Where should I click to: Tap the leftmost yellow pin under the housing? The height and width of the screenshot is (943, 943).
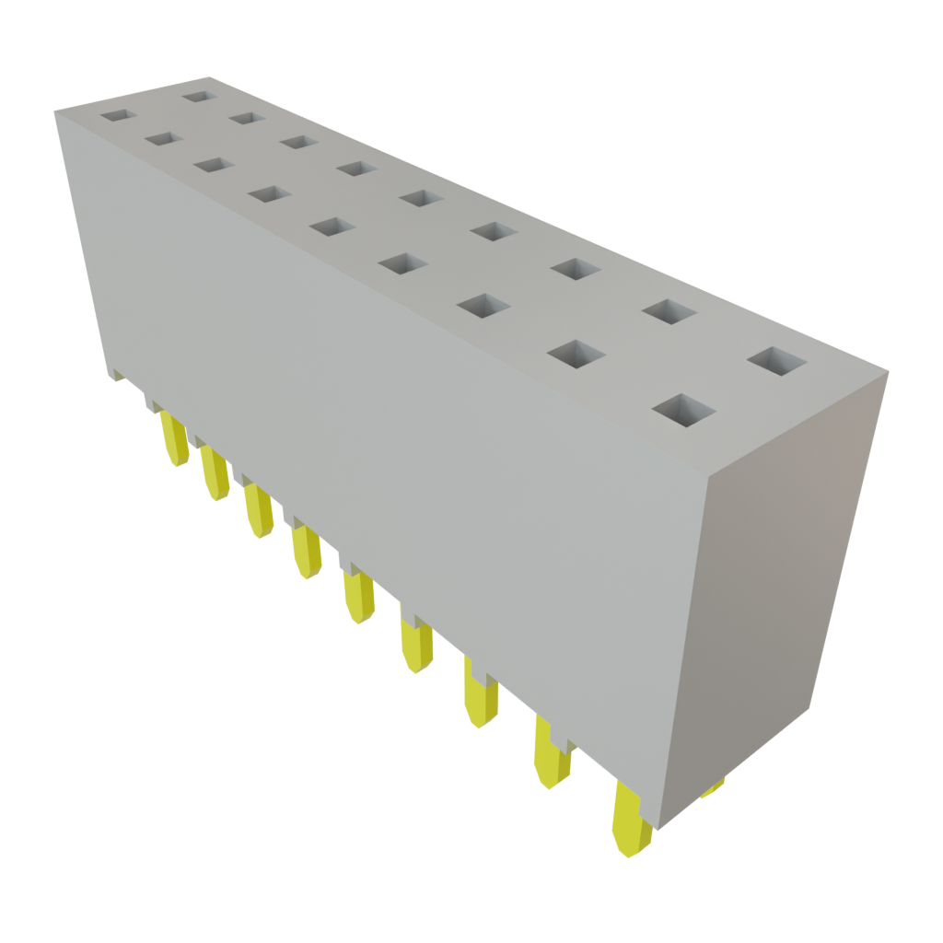tap(173, 438)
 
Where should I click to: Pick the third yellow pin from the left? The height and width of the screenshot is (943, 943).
tap(258, 512)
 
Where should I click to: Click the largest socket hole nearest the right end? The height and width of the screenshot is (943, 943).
tap(684, 412)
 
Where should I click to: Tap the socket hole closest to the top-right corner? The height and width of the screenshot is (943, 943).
tap(777, 361)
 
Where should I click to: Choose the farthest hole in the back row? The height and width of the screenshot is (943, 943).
tap(196, 94)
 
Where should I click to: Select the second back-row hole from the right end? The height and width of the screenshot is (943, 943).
tap(669, 311)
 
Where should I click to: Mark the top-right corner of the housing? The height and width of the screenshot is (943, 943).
tap(888, 371)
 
